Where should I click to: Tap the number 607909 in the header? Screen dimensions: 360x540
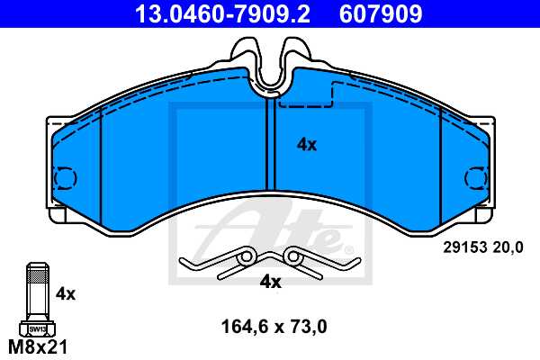coord(380,14)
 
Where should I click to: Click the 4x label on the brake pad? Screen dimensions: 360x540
coord(307,144)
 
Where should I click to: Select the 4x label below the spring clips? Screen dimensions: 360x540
coord(270,282)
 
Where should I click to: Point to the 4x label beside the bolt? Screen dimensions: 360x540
coord(66,292)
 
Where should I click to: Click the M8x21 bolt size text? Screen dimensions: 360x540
coord(37,346)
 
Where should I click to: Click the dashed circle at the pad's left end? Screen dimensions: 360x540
coord(65,179)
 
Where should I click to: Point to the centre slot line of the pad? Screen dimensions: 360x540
coord(268,144)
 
